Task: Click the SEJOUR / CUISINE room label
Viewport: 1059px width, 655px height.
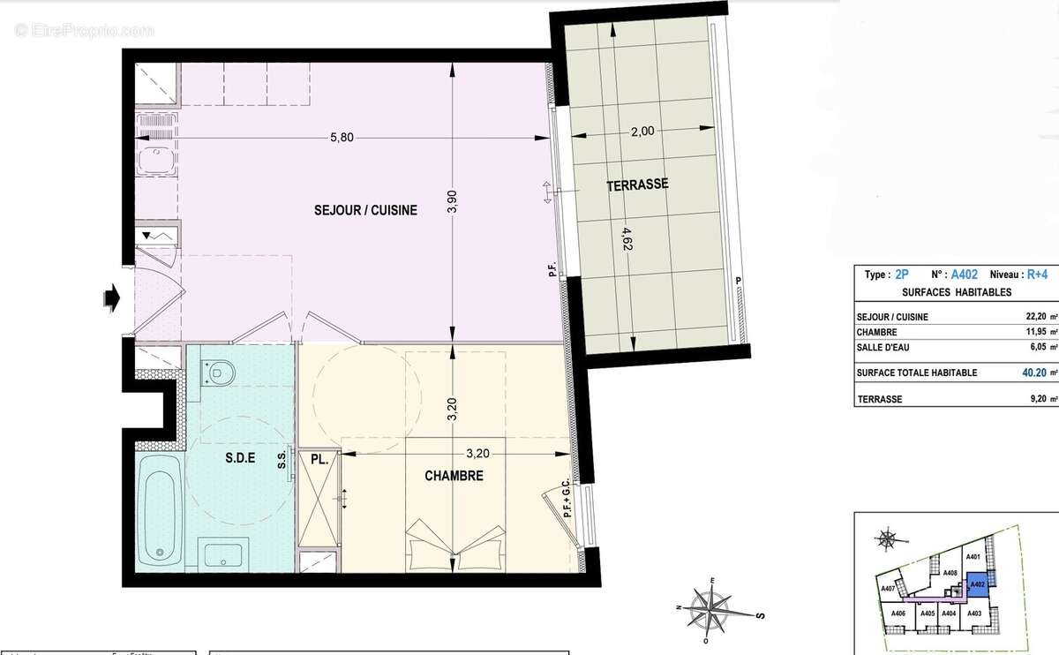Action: [365, 210]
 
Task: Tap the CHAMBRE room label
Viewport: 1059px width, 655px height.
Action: [454, 476]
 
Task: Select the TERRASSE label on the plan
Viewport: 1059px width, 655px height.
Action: [636, 185]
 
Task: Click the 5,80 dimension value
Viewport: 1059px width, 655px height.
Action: [342, 138]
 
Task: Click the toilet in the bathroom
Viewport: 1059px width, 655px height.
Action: [215, 373]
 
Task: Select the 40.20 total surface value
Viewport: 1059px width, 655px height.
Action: [1027, 373]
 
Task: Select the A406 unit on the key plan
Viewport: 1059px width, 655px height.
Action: [898, 614]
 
